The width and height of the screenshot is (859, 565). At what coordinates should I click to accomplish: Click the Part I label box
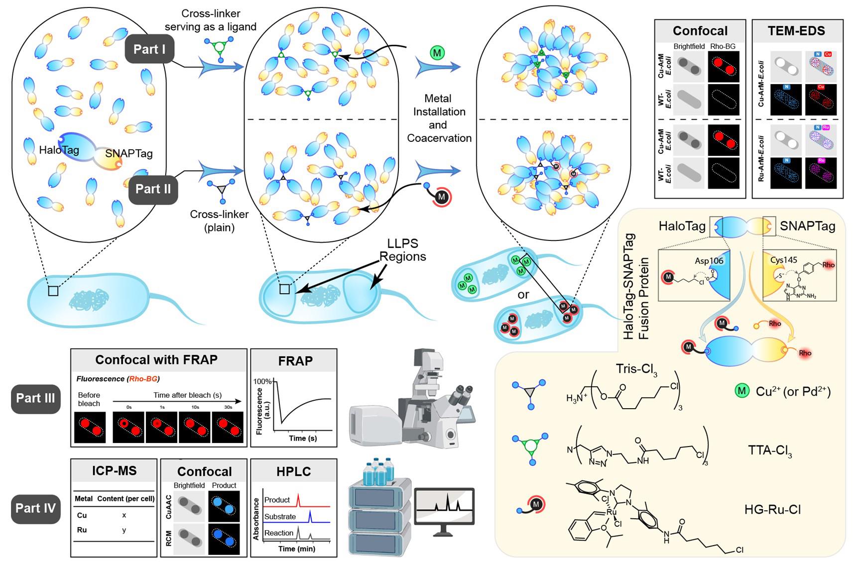149,49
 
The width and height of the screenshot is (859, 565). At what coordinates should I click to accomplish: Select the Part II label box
153,189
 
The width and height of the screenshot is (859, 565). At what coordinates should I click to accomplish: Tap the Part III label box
35,398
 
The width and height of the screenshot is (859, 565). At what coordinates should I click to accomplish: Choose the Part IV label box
35,508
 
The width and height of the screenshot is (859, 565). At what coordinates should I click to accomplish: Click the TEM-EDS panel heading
796,31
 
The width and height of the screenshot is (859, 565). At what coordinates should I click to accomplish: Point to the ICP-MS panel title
114,471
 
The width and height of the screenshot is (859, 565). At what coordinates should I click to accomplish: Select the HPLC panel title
293,471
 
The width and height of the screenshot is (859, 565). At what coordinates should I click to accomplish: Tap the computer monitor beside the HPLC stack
444,508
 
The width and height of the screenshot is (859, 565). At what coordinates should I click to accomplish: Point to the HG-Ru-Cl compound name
772,509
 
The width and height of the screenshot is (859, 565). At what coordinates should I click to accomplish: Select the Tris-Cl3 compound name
636,369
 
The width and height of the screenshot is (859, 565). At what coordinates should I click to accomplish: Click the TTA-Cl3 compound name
770,451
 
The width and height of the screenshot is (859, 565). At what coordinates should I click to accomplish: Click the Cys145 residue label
783,260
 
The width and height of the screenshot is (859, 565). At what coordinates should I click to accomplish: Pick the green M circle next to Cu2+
742,391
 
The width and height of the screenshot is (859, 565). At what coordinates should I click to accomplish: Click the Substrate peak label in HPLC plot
280,517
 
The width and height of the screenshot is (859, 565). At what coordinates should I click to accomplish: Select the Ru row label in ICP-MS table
82,530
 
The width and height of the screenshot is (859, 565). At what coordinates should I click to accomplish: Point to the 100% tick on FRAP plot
262,381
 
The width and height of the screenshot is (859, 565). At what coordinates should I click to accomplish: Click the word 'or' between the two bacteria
523,295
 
